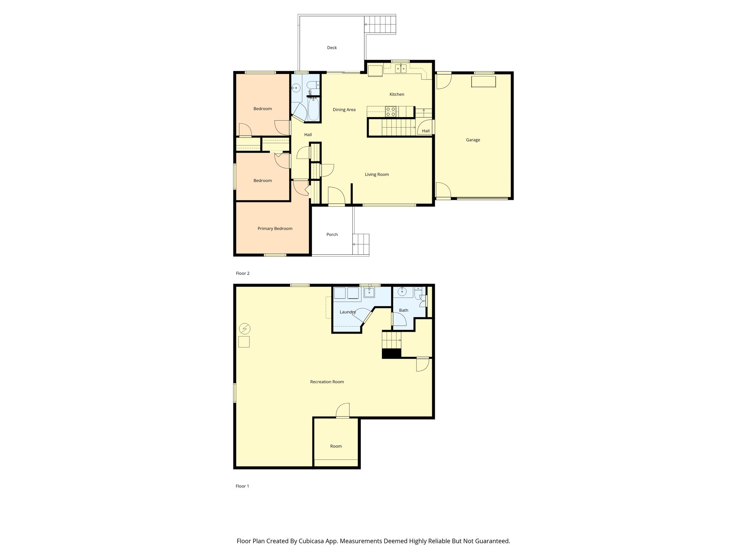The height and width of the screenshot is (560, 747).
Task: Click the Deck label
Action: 332,48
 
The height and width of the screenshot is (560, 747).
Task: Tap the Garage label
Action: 473,140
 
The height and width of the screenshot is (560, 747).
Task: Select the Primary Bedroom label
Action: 275,229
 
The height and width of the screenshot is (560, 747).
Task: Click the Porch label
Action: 332,234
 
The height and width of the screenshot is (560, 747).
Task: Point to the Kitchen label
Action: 396,94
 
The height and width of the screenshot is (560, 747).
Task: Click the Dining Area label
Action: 344,110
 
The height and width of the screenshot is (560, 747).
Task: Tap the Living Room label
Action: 377,175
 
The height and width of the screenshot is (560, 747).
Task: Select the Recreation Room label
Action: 327,382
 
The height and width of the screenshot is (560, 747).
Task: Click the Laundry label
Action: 347,312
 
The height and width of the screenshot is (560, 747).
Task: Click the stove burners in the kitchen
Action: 391,111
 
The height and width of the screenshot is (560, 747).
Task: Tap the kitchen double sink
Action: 401,68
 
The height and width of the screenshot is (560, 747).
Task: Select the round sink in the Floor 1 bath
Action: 402,291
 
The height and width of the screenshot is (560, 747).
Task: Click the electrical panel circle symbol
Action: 244,329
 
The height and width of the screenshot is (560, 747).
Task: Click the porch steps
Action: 361,244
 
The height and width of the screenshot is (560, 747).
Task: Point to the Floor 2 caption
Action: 243,273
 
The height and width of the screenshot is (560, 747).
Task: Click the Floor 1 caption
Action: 242,486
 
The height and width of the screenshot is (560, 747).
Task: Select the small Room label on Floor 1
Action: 336,446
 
